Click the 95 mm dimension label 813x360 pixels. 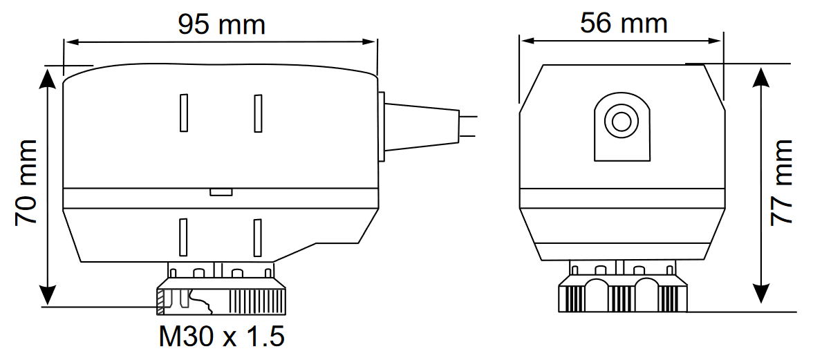coord(221,24)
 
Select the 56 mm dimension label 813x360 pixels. coord(624,23)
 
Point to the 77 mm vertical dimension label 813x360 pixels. coord(781,182)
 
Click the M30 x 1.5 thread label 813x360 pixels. coord(221,337)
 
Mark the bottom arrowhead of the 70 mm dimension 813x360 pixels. coord(47,295)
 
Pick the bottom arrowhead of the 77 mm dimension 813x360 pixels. coord(760,293)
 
